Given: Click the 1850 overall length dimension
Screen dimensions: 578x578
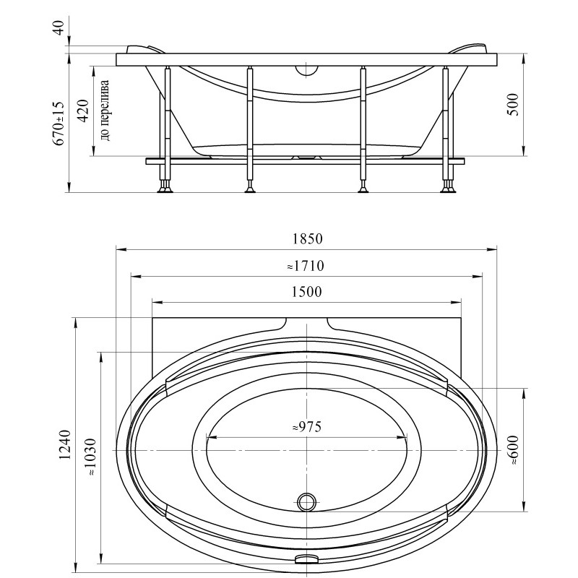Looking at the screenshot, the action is [308, 239].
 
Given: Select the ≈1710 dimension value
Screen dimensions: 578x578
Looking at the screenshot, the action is [306, 266].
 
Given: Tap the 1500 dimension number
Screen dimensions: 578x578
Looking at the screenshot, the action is [306, 292].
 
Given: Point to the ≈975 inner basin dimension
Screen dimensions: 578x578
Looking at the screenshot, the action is [306, 426].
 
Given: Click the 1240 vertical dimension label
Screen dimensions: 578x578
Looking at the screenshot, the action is [65, 444].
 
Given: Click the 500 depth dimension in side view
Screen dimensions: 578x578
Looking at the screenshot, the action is [513, 105].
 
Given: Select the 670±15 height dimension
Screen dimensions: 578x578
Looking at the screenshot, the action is [59, 124].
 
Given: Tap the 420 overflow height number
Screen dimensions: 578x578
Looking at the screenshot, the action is [83, 111].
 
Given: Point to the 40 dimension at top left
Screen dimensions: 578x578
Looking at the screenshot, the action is [59, 28].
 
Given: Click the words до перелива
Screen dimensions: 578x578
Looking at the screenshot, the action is [105, 111].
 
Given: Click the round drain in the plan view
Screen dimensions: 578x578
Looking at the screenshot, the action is [306, 502].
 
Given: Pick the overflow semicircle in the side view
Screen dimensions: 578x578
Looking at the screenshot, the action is [306, 71].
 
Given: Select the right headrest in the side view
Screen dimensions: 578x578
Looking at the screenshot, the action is [469, 49].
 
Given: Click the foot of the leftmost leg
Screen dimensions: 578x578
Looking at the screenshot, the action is [165, 190].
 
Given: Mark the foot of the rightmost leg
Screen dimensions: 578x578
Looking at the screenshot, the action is [449, 190].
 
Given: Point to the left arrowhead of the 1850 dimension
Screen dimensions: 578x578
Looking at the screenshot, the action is [121, 250].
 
